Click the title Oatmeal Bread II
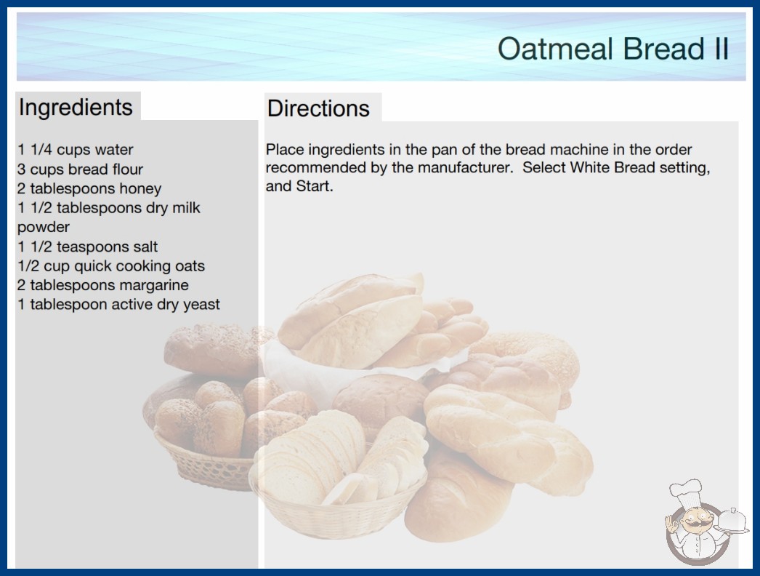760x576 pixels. pos(613,49)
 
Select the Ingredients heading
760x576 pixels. pos(76,107)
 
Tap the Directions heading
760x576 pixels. pos(318,108)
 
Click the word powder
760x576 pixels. pos(44,227)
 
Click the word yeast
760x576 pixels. pos(201,305)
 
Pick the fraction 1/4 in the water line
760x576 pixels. pos(41,150)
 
